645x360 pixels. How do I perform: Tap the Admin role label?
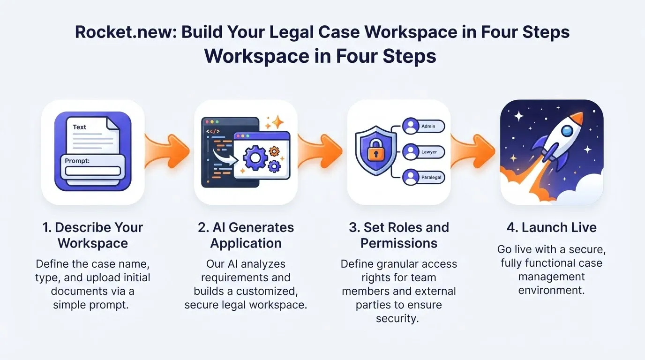428,126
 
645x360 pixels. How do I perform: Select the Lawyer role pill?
424,152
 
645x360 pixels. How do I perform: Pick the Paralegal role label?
431,177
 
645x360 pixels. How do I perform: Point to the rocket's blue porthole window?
567,131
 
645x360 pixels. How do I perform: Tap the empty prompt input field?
93,171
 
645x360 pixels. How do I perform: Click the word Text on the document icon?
79,127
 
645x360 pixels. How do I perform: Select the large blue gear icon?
255,157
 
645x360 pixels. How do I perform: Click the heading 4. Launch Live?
551,227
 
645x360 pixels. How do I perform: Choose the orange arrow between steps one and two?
167,150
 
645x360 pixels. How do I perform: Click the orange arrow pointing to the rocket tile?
473,150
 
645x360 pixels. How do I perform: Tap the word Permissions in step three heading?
399,243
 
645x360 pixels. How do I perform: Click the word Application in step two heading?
246,243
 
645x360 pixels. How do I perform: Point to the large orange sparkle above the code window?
277,122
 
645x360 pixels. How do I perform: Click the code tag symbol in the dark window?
213,131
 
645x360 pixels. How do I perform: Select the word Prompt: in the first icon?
77,161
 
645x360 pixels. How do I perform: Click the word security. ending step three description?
397,319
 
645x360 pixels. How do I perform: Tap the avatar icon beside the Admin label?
411,126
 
